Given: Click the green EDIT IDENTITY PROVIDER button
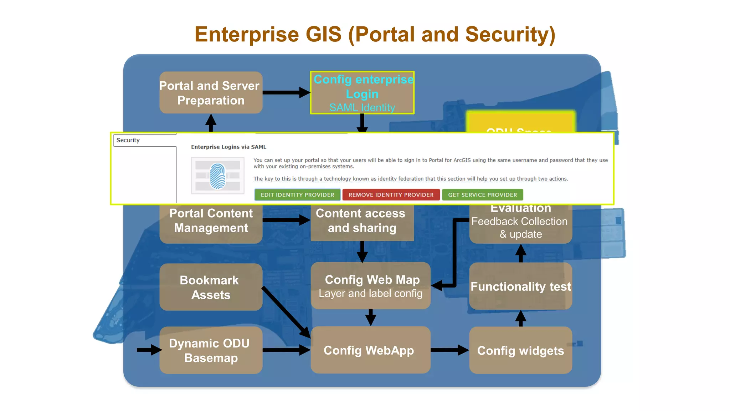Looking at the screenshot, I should click(x=297, y=195).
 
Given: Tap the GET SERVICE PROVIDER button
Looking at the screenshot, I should click(x=482, y=195).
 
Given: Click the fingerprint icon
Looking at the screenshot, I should click(x=217, y=176).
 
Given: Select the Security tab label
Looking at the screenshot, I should click(x=128, y=140).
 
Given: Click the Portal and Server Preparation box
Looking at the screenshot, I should click(x=211, y=93).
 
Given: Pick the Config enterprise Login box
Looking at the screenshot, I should click(x=362, y=93).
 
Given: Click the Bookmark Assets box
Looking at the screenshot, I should click(x=211, y=287).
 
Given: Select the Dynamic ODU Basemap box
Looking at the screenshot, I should click(x=211, y=350).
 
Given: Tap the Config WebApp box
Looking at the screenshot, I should click(x=370, y=350).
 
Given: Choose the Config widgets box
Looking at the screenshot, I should click(x=520, y=350).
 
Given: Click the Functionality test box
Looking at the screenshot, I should click(x=520, y=286).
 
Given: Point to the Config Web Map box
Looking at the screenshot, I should click(x=370, y=286).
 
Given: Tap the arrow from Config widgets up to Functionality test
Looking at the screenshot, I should click(x=521, y=318).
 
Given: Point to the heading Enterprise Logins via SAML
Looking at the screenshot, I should click(x=228, y=147).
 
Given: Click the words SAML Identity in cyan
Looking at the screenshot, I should click(x=362, y=107).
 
